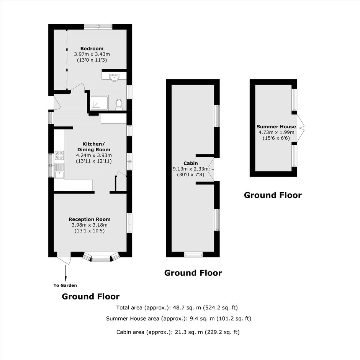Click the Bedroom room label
click(x=92, y=48)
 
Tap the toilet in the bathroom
click(x=119, y=104)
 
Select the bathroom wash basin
click(x=114, y=78)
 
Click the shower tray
click(x=99, y=103)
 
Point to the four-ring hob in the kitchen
click(x=59, y=155)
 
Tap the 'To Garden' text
click(x=65, y=285)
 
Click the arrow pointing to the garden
click(x=66, y=273)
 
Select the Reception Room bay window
click(x=101, y=257)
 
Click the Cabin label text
click(x=191, y=163)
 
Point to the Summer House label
click(x=276, y=126)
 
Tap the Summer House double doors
click(x=301, y=128)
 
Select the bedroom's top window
click(x=98, y=27)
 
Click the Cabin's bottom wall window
click(x=193, y=254)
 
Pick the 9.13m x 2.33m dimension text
click(x=191, y=169)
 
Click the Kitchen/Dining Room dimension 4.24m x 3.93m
click(x=94, y=155)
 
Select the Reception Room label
click(x=90, y=219)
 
